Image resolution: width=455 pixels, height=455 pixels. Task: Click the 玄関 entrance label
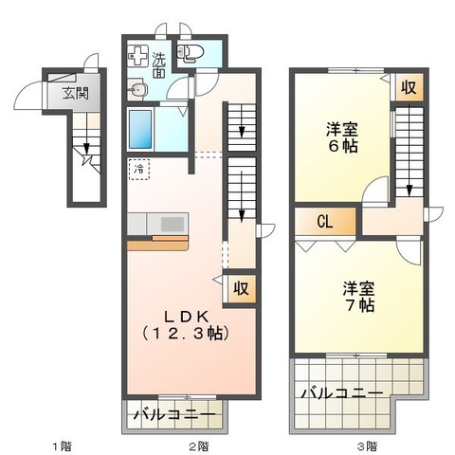tap(75, 94)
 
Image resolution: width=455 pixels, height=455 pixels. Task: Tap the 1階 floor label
tap(60, 445)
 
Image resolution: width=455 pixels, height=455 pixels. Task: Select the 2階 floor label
tap(197, 445)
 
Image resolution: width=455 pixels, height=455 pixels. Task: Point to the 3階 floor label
tap(367, 445)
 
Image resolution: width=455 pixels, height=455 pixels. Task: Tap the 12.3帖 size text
tap(186, 334)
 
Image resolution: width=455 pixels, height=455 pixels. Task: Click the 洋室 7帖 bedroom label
tap(358, 296)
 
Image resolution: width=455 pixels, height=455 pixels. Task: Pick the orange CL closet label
tap(324, 223)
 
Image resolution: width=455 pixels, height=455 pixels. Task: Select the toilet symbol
tap(190, 54)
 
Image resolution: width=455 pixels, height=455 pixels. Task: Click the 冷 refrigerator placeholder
tap(139, 170)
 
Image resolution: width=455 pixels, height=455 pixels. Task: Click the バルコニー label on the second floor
tap(173, 414)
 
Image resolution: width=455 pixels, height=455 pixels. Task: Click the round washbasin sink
tap(139, 91)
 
